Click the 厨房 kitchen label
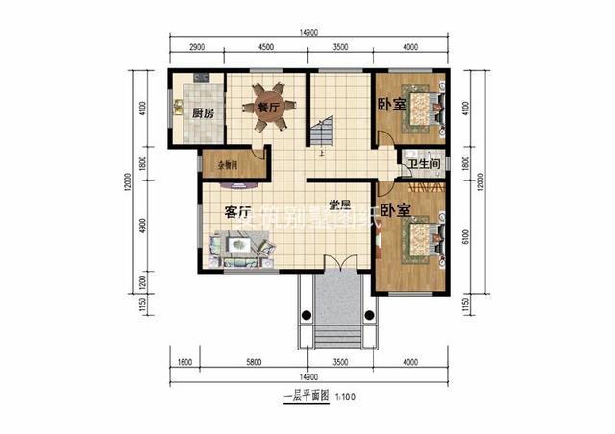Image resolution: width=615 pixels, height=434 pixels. click(x=203, y=113)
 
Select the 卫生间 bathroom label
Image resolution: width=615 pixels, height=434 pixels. click(x=424, y=165)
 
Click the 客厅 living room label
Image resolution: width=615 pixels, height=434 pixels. click(x=238, y=211)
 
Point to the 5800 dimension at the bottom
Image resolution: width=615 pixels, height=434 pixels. click(x=254, y=363)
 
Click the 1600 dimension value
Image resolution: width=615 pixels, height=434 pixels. click(x=185, y=363)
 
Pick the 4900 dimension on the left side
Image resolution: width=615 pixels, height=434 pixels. click(x=142, y=227)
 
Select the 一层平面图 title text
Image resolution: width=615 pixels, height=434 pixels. click(x=307, y=396)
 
